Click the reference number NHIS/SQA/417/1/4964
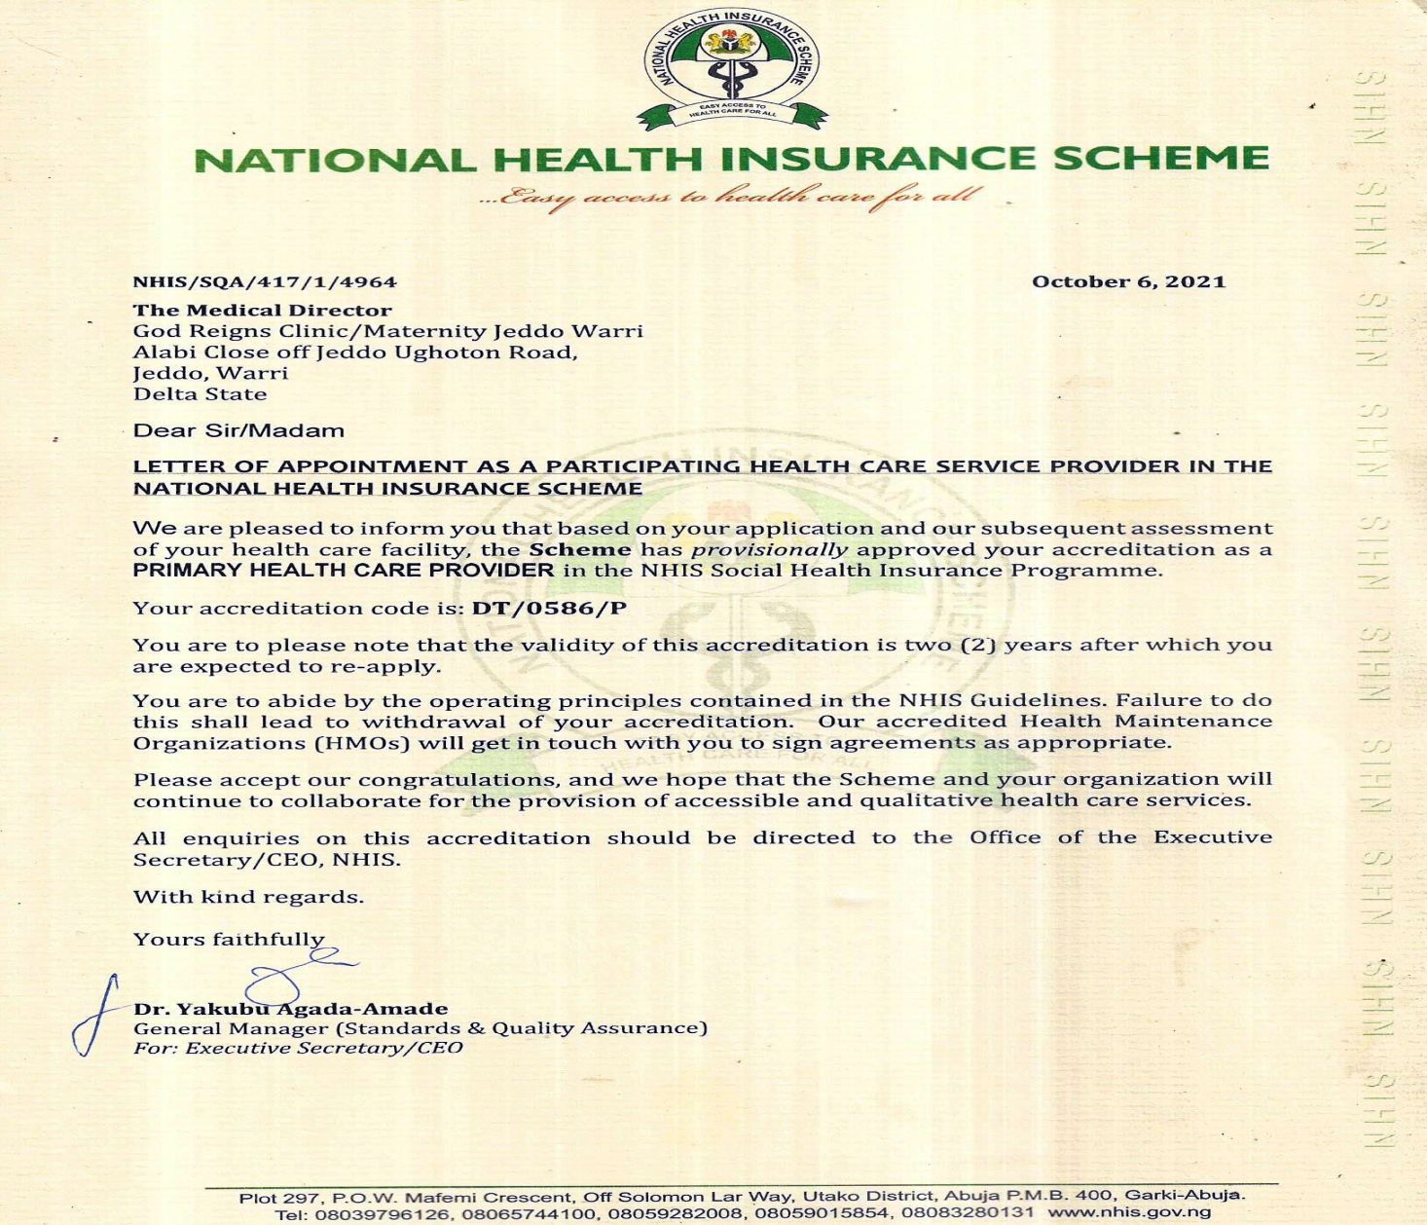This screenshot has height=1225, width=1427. (x=265, y=282)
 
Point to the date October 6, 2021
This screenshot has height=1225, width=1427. (x=1128, y=282)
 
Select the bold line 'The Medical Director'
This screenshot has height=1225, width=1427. (x=263, y=311)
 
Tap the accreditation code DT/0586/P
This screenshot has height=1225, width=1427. (x=549, y=609)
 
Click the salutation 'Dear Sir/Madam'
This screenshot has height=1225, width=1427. (x=238, y=430)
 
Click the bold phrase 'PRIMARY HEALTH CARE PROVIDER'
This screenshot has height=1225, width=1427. (x=344, y=571)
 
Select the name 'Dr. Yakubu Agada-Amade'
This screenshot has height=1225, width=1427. (x=291, y=1009)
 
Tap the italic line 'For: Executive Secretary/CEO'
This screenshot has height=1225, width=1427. (x=298, y=1049)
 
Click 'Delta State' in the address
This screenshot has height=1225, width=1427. (x=200, y=394)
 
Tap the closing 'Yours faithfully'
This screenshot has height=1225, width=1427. (x=229, y=940)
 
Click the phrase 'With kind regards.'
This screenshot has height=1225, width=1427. (x=248, y=897)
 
